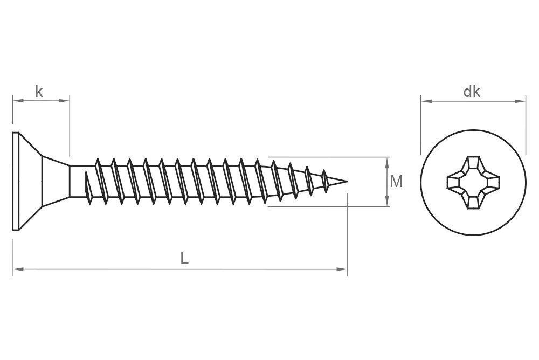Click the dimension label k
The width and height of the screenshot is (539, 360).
pos(39,92)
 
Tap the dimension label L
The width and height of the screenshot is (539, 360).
pos(184,258)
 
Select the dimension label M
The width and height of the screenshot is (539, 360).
pos(396,182)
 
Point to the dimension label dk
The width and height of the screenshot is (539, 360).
pos(472,92)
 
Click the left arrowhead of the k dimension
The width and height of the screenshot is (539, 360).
pos(16,100)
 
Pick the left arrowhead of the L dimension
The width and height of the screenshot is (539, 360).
pos(16,268)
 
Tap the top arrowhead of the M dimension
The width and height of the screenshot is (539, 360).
pos(388,160)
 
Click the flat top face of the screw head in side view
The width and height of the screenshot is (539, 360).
pos(16,181)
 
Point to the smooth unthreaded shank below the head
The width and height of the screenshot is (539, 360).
pos(78,182)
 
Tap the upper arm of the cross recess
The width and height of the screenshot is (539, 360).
pos(473,163)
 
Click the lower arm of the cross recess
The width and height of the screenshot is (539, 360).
pos(473,202)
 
